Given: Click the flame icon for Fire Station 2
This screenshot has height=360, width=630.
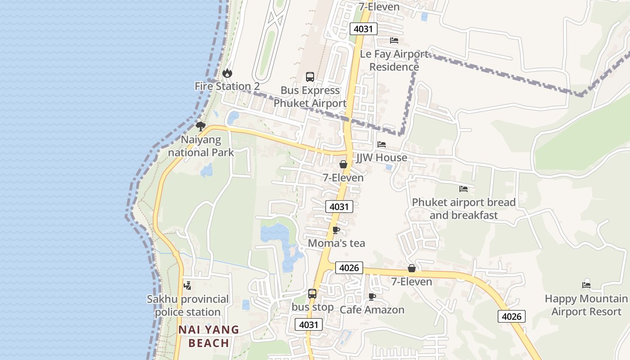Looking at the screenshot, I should coord(227,73).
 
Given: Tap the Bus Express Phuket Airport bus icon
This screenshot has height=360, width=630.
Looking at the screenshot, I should coord(310,76).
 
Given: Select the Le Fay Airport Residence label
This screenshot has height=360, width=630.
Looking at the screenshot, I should coord(394,60).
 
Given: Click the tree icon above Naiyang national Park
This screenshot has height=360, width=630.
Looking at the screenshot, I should coord(201,126).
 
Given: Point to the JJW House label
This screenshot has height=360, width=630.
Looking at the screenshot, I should coord(382,157).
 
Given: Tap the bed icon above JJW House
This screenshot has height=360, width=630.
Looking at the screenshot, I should coord(382,144).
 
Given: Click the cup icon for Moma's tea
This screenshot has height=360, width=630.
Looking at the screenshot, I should coord(336,230).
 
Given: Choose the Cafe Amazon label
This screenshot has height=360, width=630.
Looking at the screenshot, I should coord(372,310).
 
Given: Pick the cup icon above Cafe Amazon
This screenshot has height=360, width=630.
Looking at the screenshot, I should coord(372,297).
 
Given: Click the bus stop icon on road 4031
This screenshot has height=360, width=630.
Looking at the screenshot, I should coord(312,294).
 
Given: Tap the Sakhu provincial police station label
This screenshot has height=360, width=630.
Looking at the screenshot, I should coord(188,306).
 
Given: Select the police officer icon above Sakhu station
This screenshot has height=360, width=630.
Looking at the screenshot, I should coord(188,285).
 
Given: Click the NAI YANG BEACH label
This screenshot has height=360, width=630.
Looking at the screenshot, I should coord(208,336).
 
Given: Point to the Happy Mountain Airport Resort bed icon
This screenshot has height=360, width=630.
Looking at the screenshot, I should coord(586,285).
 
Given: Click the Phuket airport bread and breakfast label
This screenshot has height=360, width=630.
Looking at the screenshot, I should coord(463,209).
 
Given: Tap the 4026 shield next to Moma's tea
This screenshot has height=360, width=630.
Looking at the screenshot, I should coord(349,268).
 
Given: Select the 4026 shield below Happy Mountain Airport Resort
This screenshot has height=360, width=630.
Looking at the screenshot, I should coord(512,316).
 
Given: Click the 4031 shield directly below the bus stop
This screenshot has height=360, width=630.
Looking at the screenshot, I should coord(309,324).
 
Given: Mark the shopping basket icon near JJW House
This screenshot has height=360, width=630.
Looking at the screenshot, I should coord(343,164).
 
